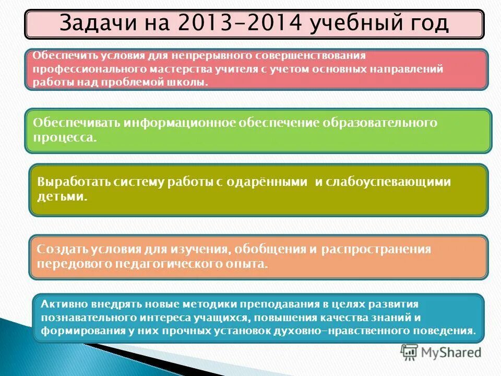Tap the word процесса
point(65,138)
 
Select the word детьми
point(61,197)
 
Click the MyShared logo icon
point(410,352)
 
